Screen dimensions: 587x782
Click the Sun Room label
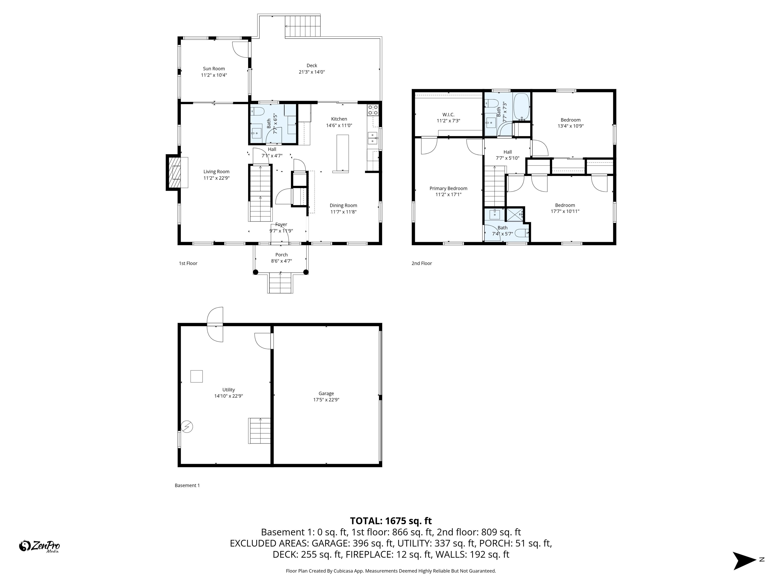point(214,69)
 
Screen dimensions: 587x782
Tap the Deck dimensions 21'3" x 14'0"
point(312,72)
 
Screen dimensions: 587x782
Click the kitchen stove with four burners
point(373,110)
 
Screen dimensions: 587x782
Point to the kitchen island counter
point(342,153)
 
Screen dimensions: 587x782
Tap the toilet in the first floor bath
point(257,111)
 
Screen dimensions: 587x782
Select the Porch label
point(281,255)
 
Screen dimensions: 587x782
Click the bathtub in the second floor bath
point(521,106)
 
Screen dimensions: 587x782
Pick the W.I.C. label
point(448,115)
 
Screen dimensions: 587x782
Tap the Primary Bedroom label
point(448,188)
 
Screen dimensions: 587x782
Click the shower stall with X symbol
point(515,215)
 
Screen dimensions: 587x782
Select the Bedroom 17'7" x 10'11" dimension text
point(565,211)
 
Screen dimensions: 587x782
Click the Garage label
point(326,393)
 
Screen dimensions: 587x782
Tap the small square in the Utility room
point(197,376)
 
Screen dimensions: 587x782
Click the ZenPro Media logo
point(39,546)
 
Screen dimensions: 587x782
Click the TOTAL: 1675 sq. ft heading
point(391,521)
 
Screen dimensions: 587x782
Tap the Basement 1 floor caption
point(187,485)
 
